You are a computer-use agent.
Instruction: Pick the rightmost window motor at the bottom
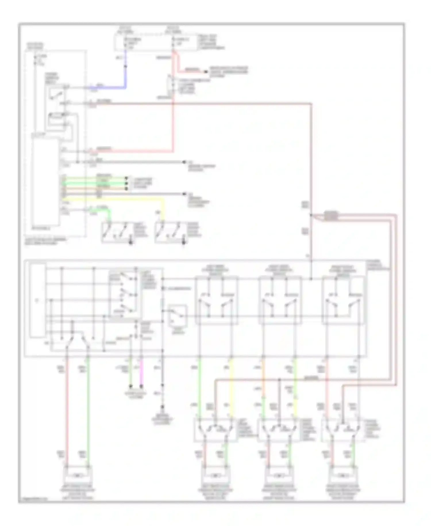pos(343,475)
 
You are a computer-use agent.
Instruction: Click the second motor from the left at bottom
pos(215,475)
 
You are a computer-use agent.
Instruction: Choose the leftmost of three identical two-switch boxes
pos(216,300)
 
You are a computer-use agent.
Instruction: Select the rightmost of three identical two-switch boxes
pos(344,300)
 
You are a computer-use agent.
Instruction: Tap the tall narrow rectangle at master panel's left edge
pos(38,300)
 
